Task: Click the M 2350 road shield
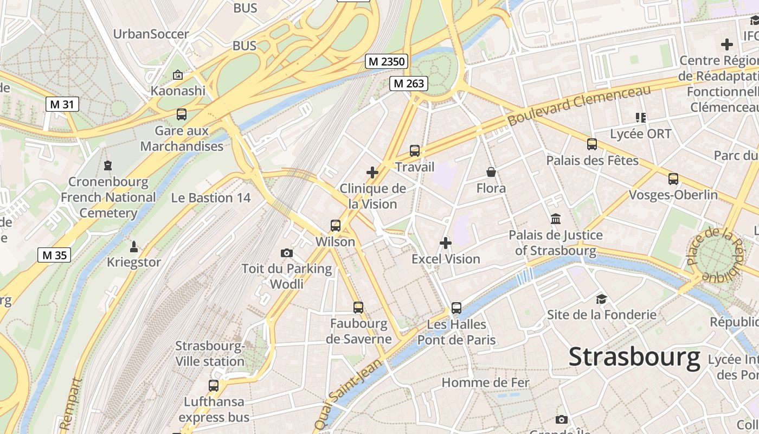coord(387,61)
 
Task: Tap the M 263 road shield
coord(409,84)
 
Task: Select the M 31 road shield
coord(62,104)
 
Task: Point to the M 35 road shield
coord(54,254)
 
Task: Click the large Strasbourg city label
coord(634,358)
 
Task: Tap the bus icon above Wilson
coord(336,226)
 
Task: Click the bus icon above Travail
coord(415,151)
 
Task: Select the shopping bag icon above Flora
coord(491,173)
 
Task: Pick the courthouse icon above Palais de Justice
coord(556,219)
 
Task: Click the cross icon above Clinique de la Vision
coord(372,173)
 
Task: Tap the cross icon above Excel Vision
coord(446,243)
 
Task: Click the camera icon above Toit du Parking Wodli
coord(287,253)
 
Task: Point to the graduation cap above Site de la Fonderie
coord(601,299)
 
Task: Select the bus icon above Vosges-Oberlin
coord(673,179)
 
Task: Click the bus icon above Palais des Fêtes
coord(592,144)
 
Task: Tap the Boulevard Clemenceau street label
coord(578,106)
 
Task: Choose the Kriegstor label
coord(134,263)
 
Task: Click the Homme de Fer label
coord(485,382)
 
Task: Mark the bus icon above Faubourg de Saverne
coord(358,308)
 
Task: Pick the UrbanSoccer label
coord(151,34)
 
